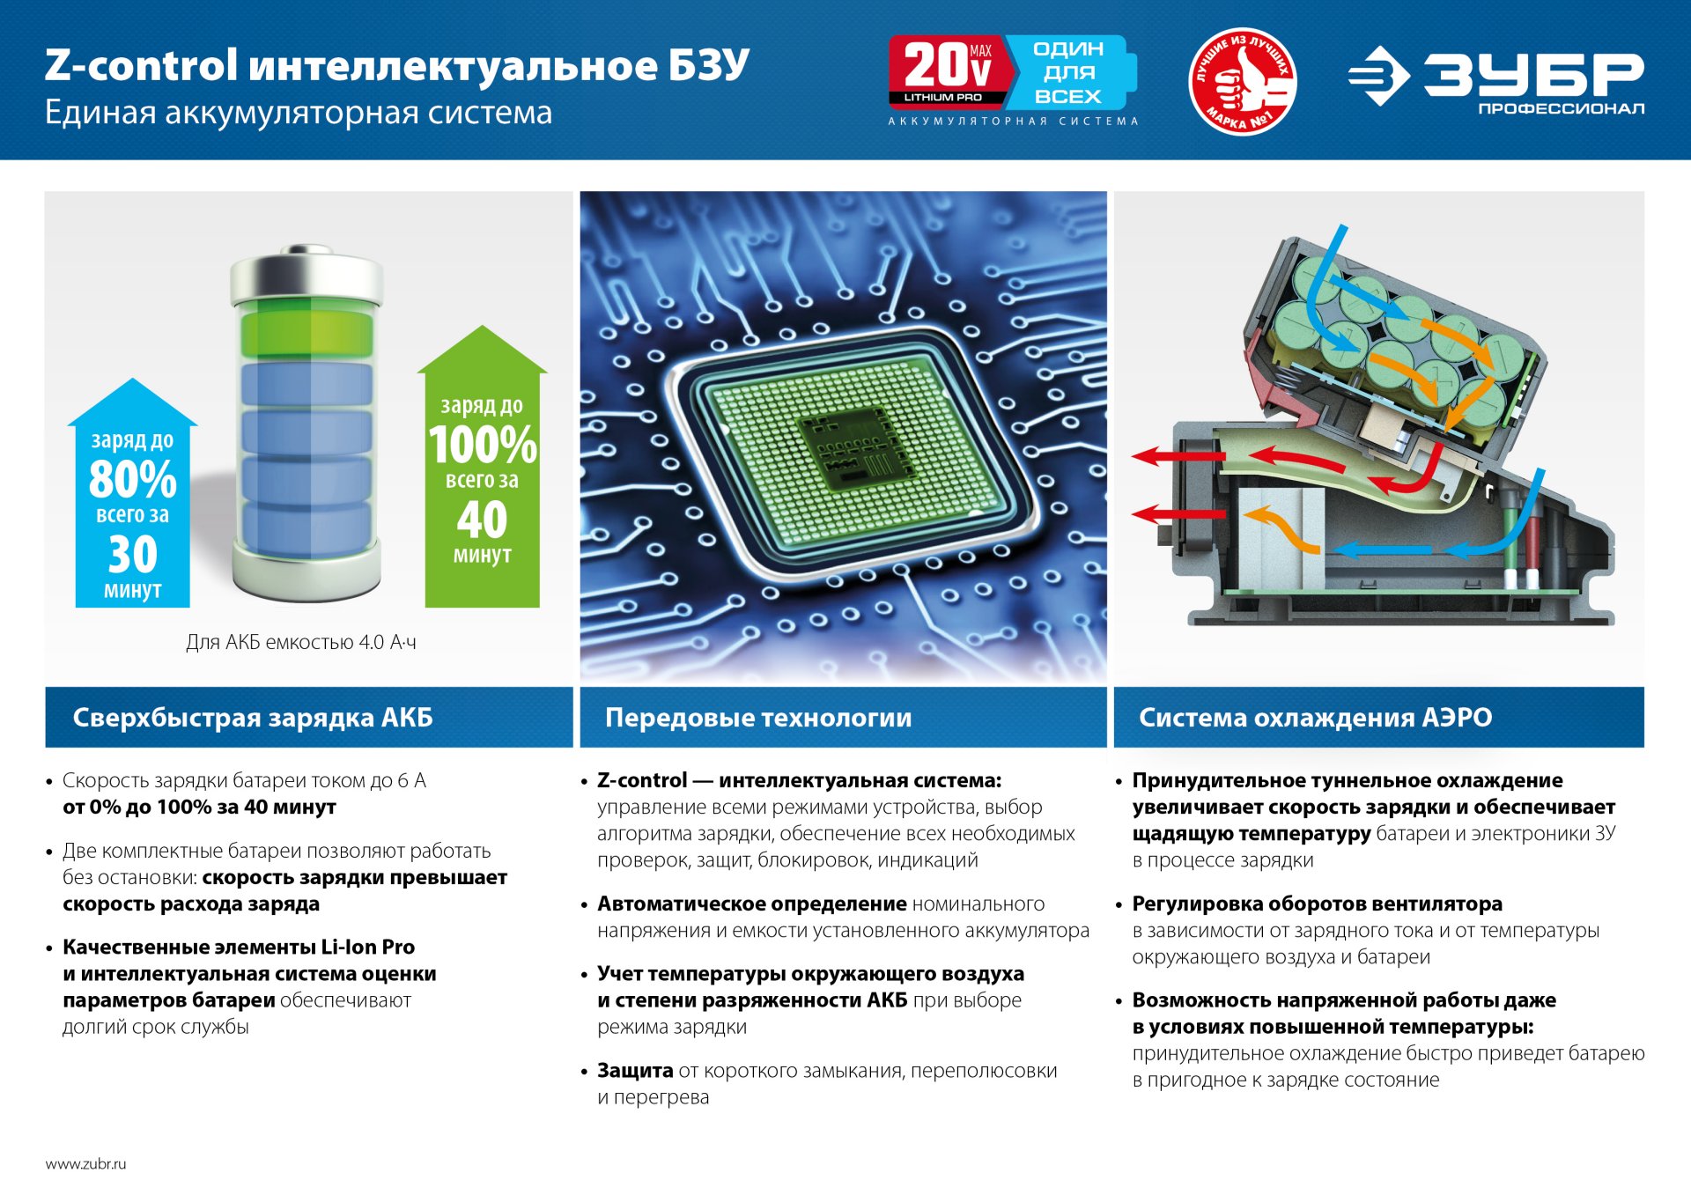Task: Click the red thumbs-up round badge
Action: click(1242, 81)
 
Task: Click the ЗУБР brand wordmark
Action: click(1533, 74)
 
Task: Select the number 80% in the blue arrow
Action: click(133, 480)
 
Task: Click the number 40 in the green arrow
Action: click(482, 520)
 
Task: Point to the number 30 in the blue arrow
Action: click(133, 555)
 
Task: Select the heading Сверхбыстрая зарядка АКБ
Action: click(253, 718)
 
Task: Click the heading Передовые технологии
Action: click(758, 718)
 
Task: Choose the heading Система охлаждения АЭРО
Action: click(1315, 718)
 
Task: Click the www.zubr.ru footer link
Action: click(85, 1163)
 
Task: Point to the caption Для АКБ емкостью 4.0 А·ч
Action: click(301, 642)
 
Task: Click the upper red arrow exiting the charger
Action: click(1176, 456)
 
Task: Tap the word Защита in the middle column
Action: click(635, 1071)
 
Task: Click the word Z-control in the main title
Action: click(142, 66)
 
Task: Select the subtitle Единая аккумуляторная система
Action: click(299, 113)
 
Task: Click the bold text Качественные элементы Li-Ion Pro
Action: click(239, 948)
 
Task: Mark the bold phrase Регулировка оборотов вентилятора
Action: click(1317, 904)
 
